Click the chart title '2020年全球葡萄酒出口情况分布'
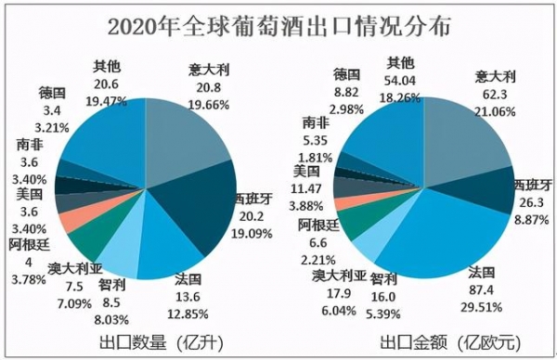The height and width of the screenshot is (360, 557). (x=278, y=26)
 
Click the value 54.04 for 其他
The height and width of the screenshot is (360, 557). (x=400, y=80)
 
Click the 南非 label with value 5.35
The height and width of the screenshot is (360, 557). (x=315, y=122)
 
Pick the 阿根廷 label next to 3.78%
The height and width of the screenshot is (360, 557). (x=24, y=244)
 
